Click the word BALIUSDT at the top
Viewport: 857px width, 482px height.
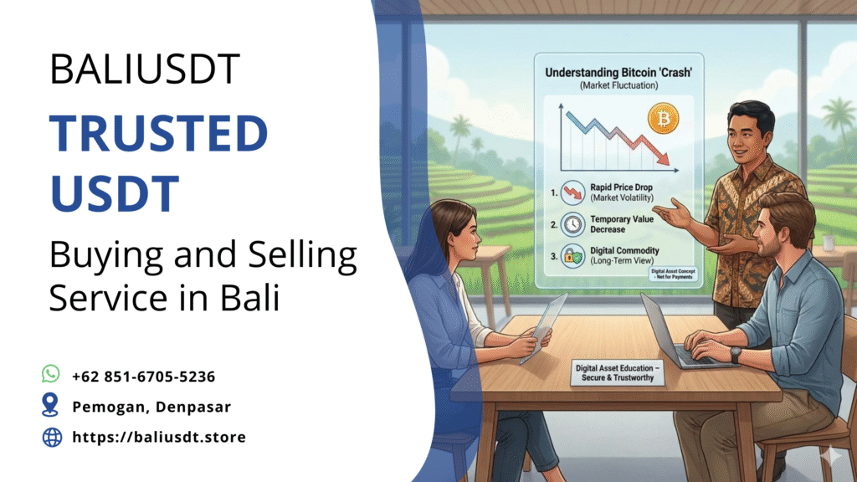[144, 69]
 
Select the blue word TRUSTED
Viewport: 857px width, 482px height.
[158, 133]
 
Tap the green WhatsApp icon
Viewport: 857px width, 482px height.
[51, 374]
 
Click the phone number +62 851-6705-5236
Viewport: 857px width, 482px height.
[144, 377]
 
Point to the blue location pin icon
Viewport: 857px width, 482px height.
[50, 405]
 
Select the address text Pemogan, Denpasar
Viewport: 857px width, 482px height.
[151, 407]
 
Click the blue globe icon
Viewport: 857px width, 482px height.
[52, 437]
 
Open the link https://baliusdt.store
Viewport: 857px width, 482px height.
[159, 437]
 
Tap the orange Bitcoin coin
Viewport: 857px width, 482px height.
[663, 119]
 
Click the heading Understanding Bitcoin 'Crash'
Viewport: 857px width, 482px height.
[618, 73]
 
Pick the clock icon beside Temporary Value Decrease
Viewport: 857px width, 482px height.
[572, 224]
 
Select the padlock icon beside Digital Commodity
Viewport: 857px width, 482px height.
[572, 256]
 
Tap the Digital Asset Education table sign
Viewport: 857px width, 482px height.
[618, 373]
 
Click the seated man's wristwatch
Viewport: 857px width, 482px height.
[735, 355]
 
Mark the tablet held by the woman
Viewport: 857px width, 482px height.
[542, 327]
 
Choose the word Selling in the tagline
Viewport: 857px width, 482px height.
[302, 256]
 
